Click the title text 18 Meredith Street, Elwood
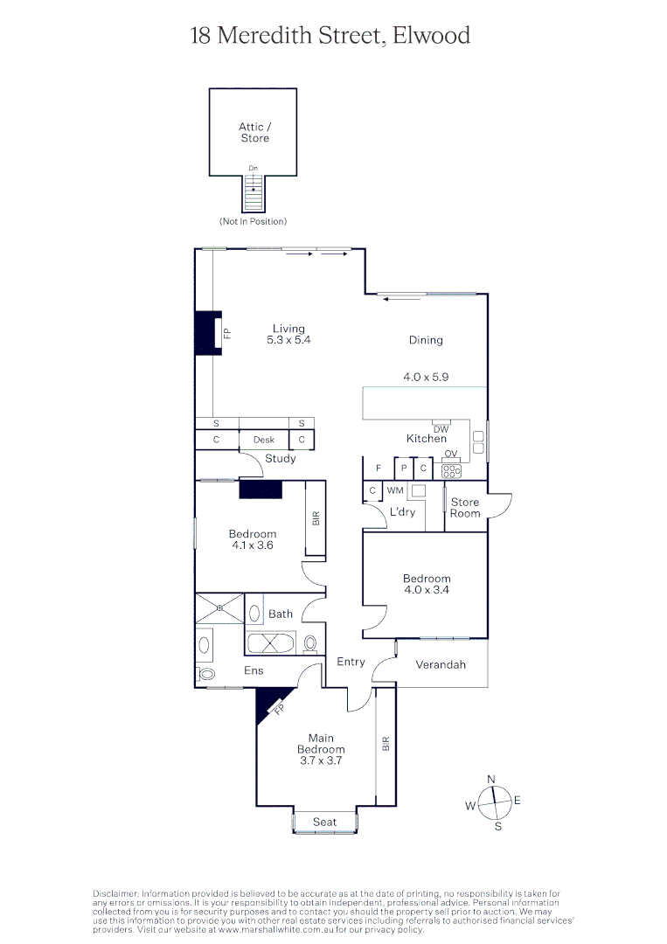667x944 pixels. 330,36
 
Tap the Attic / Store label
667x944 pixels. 254,133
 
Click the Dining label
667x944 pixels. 426,340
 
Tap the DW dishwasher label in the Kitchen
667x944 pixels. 441,429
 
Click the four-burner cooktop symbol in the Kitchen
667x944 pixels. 451,470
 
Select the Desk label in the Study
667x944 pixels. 264,441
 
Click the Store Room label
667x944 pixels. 465,508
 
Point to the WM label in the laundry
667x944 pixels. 395,491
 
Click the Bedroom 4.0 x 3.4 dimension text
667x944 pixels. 427,590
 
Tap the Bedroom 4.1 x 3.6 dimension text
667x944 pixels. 253,545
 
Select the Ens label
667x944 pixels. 254,670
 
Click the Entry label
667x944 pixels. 351,662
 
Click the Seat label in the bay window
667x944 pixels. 324,822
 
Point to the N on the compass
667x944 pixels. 491,779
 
